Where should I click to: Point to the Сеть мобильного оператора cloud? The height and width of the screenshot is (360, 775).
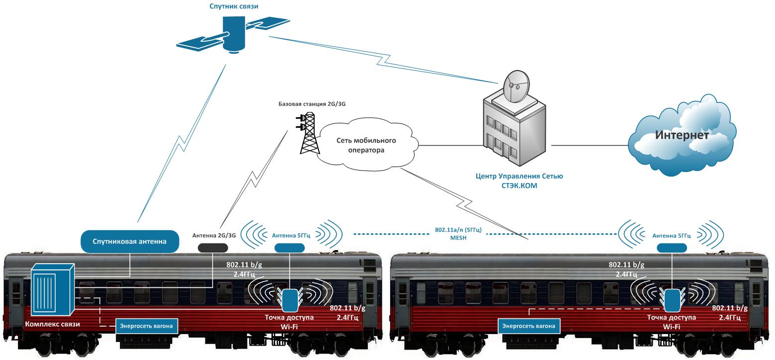368,144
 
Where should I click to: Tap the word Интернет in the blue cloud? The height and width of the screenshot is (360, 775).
681,135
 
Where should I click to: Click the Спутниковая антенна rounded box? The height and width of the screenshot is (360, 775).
129,242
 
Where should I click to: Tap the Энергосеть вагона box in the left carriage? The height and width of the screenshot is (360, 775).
147,326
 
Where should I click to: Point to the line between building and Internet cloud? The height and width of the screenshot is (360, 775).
589,146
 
